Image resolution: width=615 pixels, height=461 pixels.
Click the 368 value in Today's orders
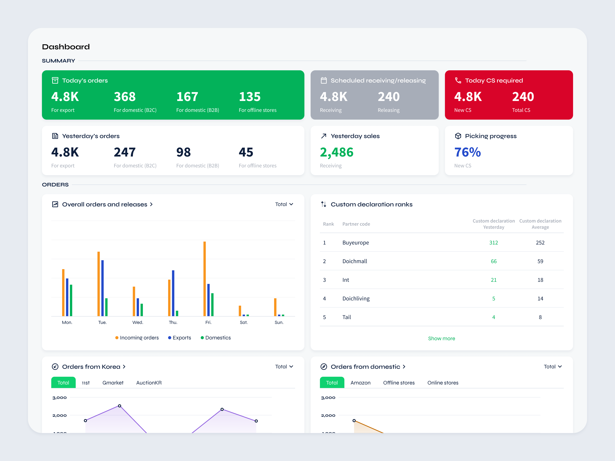pos(125,97)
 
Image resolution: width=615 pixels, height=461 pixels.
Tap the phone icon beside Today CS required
pos(458,80)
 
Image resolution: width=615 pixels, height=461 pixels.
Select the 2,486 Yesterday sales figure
pos(336,152)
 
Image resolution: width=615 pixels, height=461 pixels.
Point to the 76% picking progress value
pos(467,152)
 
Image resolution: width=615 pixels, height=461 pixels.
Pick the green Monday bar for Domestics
pos(71,300)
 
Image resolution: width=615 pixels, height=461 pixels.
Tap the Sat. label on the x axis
pos(244,322)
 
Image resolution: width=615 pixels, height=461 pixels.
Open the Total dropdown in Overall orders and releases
pos(284,204)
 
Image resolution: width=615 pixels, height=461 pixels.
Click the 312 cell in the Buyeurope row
pos(493,243)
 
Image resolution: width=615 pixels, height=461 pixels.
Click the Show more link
pos(441,338)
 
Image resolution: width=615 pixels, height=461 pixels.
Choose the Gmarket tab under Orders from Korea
pos(113,383)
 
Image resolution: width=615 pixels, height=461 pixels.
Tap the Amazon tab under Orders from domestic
pos(360,383)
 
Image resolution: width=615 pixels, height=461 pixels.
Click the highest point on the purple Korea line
pos(120,406)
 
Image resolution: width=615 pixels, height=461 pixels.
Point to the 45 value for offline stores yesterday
pos(246,152)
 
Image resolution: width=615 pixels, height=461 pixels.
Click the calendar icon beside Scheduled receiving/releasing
pos(324,80)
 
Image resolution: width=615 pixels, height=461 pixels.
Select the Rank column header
pos(328,224)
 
